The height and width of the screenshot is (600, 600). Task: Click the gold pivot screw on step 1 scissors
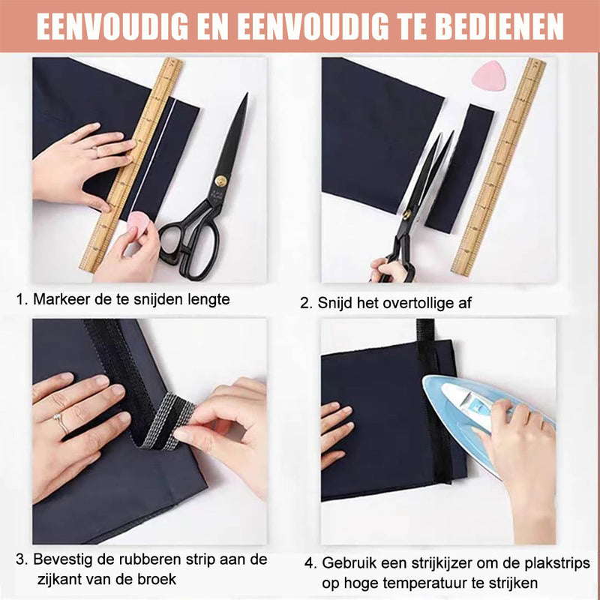pos(220,181)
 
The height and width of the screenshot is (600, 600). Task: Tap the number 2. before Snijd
pos(306,303)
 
